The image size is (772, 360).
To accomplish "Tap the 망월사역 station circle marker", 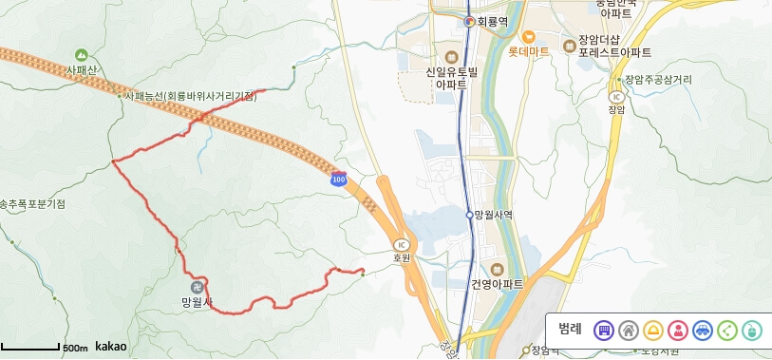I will point(469,215).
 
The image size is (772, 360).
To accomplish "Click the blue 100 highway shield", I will point(338,179).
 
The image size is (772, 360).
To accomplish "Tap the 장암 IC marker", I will point(616,96).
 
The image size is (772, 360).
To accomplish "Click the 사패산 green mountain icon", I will point(81,56).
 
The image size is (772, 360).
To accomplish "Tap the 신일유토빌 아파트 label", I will point(450,78).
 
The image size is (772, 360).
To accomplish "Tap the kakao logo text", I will point(110,347).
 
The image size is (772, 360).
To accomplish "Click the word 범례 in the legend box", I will point(570,330).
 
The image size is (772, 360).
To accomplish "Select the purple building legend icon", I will point(603,331).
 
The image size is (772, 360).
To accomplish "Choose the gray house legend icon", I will point(628,331).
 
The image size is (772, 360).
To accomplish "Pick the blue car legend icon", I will point(703,331).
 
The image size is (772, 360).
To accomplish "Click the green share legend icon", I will point(727,331).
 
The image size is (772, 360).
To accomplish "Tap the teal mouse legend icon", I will point(752,331).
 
